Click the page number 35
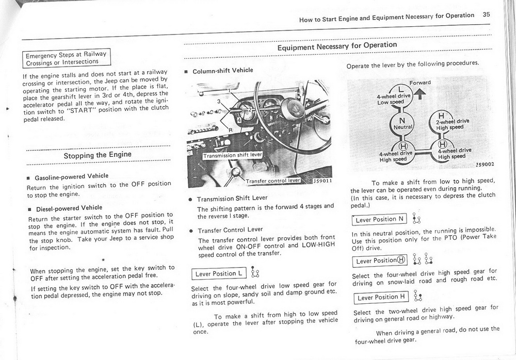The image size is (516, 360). point(486,15)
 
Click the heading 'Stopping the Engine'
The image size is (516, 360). point(98,155)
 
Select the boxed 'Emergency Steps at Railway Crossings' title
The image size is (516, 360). point(67,58)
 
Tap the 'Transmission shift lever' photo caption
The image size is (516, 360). point(233,155)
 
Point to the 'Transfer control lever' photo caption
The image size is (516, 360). point(273,181)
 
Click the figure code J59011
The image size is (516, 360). point(322,181)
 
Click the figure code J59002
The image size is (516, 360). point(485,165)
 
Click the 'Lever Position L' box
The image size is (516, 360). point(219,273)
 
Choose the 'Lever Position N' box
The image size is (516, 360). point(380,219)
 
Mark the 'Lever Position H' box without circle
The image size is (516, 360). point(381,297)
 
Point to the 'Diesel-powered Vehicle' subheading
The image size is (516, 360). point(69,208)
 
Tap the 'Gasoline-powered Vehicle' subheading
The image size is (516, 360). point(71,176)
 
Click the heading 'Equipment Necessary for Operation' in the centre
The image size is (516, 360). point(337,46)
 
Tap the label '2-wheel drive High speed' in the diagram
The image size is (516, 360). point(452,124)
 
